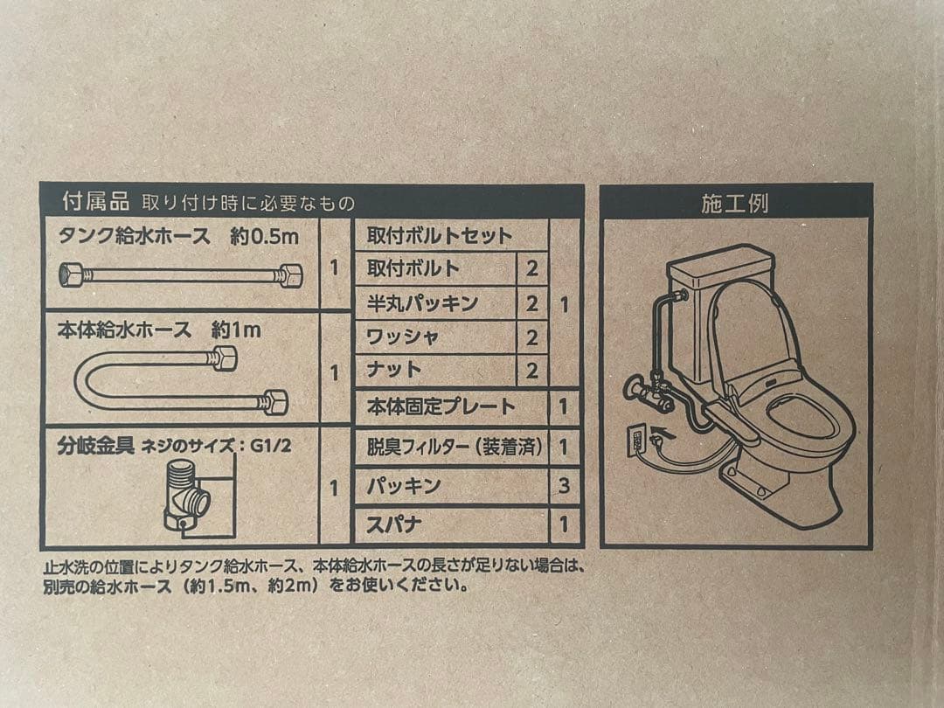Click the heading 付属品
95,202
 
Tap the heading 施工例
734,204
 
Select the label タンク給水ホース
134,236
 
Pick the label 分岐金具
95,446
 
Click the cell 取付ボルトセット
440,236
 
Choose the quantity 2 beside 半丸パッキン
531,303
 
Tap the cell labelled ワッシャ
403,337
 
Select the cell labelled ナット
394,370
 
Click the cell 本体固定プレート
441,406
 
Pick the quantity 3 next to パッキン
564,486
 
